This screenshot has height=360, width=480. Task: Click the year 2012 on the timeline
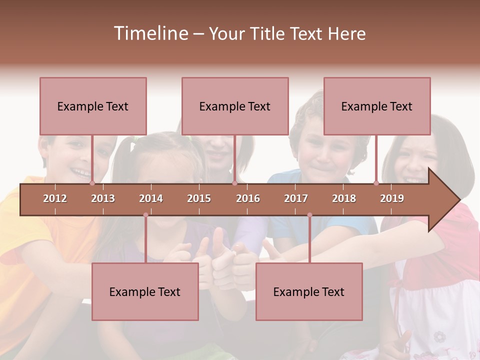click(55, 198)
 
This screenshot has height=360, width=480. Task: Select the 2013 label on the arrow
click(103, 198)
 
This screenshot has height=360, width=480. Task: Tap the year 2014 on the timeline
click(151, 198)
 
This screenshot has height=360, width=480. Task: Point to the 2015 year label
click(199, 198)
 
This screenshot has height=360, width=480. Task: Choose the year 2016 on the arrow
click(248, 198)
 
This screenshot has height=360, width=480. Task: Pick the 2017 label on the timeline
click(296, 198)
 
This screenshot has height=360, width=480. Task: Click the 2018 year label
click(344, 198)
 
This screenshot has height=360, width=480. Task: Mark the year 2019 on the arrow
click(392, 198)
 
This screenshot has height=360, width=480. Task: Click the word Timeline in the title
click(149, 33)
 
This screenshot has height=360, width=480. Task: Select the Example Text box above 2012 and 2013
click(93, 106)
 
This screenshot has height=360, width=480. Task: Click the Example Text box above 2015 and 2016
click(235, 106)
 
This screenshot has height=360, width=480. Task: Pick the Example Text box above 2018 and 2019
click(377, 106)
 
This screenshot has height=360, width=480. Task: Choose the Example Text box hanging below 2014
click(145, 291)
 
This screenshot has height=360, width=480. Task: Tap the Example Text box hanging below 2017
click(309, 291)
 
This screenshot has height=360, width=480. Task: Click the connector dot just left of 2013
click(92, 183)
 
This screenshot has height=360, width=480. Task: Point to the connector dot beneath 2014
click(145, 215)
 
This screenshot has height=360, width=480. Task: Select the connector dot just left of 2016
click(234, 183)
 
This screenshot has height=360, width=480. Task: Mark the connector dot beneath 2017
click(309, 215)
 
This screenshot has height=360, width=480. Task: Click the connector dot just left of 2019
click(376, 183)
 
